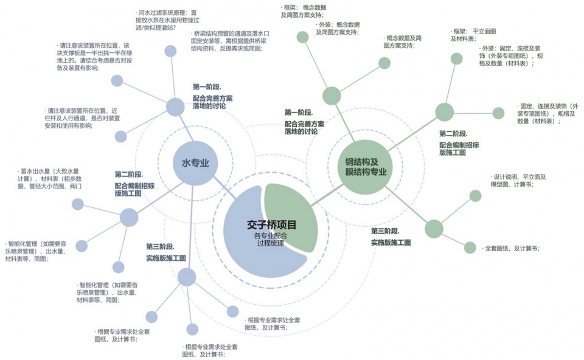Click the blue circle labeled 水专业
coord(195,162)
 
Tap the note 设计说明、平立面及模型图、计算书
coord(520,181)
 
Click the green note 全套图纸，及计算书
coord(511,249)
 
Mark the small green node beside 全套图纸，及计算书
coord(470,247)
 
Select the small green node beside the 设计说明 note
coord(475,196)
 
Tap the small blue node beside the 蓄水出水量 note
coord(78,204)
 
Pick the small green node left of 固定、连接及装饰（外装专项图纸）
coord(498,113)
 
